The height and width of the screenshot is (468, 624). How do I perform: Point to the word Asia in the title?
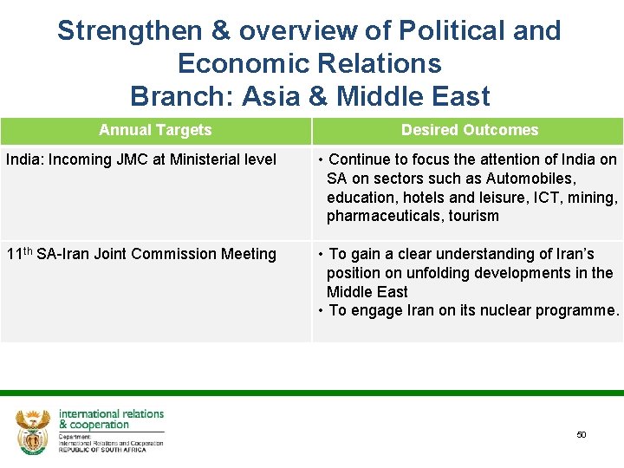tap(270, 95)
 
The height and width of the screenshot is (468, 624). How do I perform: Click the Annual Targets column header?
tap(155, 130)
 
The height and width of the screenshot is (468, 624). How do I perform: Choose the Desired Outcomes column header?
tap(469, 130)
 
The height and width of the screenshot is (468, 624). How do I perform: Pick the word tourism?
tap(473, 216)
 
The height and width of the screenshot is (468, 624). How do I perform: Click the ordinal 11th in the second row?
tap(19, 253)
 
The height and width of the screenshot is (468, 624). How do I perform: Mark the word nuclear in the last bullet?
tap(497, 310)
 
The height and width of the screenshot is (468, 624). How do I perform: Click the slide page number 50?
tap(582, 434)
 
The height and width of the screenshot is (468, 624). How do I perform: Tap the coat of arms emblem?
tap(33, 431)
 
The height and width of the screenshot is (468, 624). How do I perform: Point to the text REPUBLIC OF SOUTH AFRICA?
tap(110, 448)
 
